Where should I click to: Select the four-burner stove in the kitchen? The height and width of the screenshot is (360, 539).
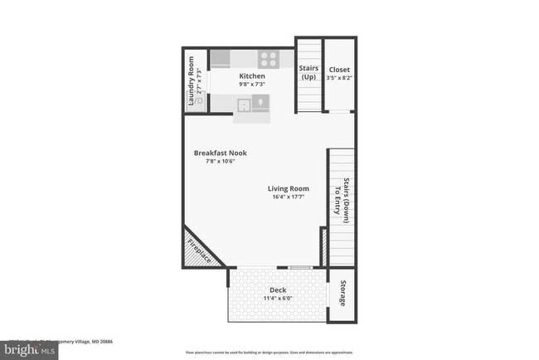point(269,59)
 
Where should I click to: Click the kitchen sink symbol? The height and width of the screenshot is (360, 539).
point(245,104)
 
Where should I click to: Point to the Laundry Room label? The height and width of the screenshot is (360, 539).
point(191,80)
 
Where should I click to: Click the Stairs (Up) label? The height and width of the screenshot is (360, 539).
point(308,73)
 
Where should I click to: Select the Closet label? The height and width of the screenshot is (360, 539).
point(339,69)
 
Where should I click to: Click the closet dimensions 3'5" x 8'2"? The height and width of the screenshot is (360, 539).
point(339,78)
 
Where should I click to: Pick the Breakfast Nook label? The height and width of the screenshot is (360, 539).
point(221,153)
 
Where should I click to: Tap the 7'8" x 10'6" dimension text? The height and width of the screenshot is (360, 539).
point(221,162)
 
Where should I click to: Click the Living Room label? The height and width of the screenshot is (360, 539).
point(288,188)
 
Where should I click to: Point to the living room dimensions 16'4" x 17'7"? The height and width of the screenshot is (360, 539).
point(288,197)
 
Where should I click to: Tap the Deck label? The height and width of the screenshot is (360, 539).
point(278,289)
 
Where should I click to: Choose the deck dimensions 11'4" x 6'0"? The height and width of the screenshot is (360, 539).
point(278,299)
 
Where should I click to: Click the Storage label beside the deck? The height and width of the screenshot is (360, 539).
point(342,294)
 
